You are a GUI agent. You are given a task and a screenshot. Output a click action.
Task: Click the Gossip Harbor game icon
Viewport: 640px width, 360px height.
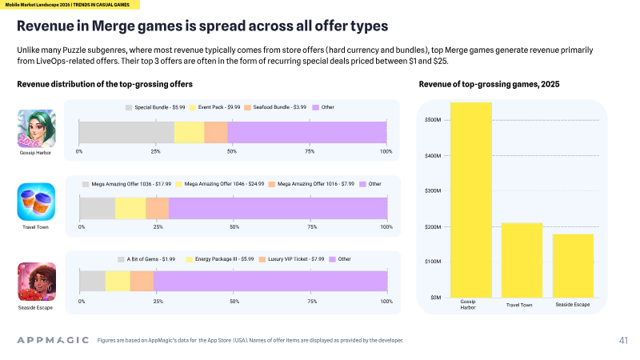point(36,129)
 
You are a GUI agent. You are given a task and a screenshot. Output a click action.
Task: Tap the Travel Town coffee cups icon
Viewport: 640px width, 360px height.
point(36,202)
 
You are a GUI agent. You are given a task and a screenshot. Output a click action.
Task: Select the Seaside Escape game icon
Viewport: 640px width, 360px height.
point(36,282)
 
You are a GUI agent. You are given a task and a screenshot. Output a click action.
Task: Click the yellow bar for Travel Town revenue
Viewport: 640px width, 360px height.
point(522,261)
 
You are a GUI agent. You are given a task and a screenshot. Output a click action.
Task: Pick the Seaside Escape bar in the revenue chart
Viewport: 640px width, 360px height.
point(573,266)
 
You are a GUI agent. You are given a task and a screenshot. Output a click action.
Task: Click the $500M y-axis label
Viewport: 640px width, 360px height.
point(433,120)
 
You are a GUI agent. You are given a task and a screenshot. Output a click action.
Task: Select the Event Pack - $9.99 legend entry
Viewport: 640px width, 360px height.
point(214,107)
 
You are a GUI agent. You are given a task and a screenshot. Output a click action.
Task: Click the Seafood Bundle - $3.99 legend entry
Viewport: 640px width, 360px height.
point(275,107)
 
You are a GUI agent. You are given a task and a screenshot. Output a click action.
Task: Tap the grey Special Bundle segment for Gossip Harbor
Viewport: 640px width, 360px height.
point(126,132)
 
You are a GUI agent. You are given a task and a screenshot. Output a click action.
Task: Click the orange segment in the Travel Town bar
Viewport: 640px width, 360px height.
point(157,208)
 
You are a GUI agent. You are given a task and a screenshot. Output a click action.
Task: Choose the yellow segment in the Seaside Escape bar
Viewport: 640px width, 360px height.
point(118,282)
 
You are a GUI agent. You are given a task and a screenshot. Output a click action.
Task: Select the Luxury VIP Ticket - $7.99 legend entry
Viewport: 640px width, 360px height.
point(292,259)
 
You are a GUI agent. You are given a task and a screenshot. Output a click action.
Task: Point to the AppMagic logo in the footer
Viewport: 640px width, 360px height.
point(53,340)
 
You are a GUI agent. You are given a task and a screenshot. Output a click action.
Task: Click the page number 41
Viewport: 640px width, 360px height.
point(623,341)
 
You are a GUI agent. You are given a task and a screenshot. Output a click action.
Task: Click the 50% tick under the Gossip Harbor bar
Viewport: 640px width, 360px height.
point(232,151)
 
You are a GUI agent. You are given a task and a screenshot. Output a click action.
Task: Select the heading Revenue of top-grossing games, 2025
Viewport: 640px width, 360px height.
point(489,85)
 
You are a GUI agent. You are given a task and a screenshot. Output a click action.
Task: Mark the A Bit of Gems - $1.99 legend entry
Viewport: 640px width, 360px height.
point(146,259)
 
